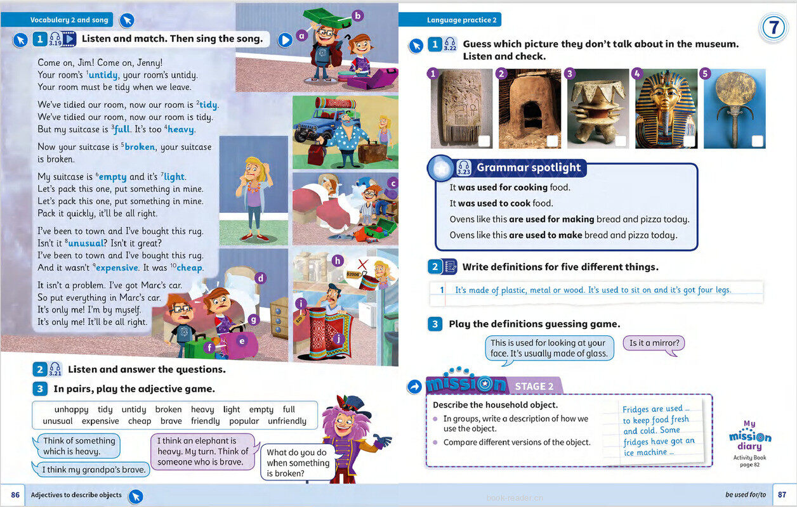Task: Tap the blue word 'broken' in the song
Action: pyautogui.click(x=140, y=147)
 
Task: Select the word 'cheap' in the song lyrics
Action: pyautogui.click(x=190, y=268)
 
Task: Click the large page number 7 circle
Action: pyautogui.click(x=774, y=28)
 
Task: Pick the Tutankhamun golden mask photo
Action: pyautogui.click(x=665, y=108)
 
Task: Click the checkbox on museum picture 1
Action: pyautogui.click(x=484, y=141)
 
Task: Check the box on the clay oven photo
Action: pyautogui.click(x=552, y=141)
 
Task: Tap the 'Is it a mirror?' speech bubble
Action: pyautogui.click(x=654, y=343)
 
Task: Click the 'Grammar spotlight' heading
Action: pyautogui.click(x=528, y=168)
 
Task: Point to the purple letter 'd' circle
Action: pyautogui.click(x=260, y=278)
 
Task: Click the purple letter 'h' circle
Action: pyautogui.click(x=337, y=261)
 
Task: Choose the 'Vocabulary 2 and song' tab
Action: pyautogui.click(x=70, y=20)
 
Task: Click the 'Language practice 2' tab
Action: pyautogui.click(x=452, y=20)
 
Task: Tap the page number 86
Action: pyautogui.click(x=15, y=495)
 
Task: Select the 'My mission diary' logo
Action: pyautogui.click(x=750, y=438)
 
